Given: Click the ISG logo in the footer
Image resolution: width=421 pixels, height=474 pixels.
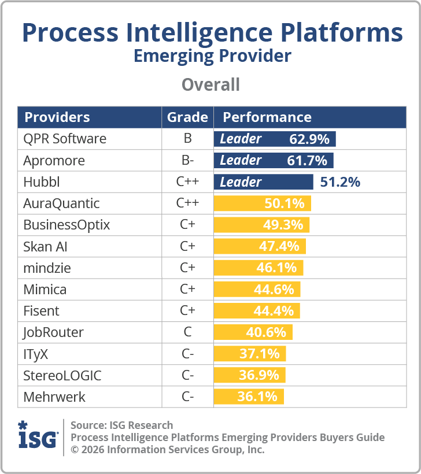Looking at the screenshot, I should [x=38, y=436].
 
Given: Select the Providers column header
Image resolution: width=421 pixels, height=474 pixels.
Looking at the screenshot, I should [x=57, y=117].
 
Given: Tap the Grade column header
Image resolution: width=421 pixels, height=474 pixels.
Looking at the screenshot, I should [x=187, y=117].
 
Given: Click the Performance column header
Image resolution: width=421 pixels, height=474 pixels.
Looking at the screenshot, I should [x=267, y=117].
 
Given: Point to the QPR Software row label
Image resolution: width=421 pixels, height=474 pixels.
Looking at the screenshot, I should [x=65, y=139].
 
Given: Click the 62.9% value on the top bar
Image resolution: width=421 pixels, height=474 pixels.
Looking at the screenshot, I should [x=309, y=139].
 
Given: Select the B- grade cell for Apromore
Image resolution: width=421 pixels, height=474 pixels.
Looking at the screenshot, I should [x=187, y=160].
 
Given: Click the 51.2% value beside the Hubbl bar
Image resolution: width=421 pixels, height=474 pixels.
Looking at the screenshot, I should [x=340, y=182].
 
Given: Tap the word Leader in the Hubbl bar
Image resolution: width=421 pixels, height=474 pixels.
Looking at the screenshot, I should [x=241, y=182].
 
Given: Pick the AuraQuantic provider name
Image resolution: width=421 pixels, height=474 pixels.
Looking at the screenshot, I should [x=61, y=203].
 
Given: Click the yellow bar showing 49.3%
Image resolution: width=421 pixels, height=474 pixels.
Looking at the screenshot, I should [x=262, y=225].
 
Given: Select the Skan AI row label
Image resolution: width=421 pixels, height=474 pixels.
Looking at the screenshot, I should [x=45, y=246].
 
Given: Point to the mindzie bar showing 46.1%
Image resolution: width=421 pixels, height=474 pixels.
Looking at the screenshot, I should [x=258, y=268].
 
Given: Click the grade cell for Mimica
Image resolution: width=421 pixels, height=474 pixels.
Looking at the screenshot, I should [x=187, y=289].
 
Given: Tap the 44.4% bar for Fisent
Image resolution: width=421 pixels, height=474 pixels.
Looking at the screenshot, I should [x=257, y=310].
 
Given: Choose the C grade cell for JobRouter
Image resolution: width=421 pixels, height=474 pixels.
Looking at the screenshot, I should [x=187, y=332].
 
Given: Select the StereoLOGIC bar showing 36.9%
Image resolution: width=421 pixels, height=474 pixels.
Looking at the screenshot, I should [x=249, y=375].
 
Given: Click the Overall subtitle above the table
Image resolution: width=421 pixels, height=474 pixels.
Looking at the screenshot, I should [x=211, y=84].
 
